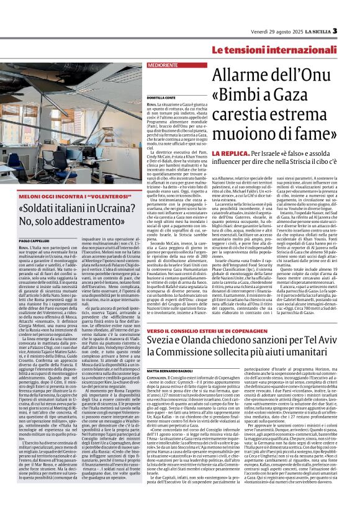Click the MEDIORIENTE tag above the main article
(163, 64)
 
